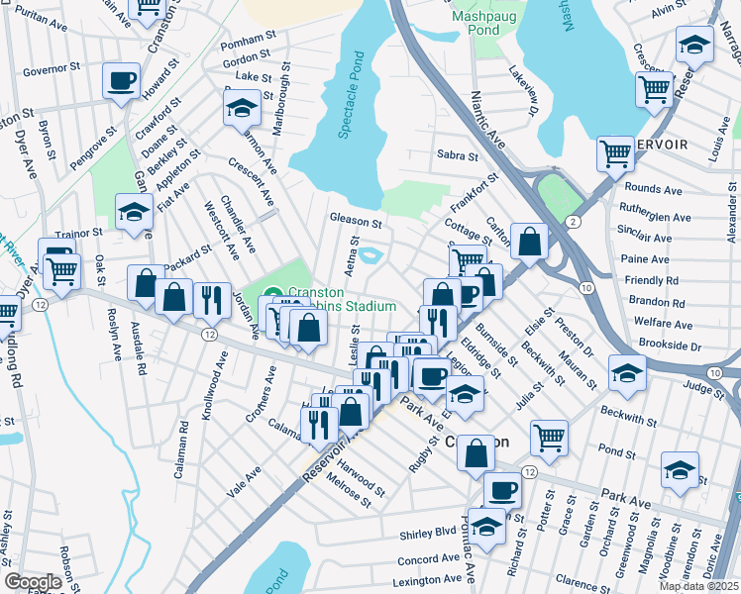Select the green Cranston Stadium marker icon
(273, 293)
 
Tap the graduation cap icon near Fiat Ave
(134, 213)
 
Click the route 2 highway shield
(573, 221)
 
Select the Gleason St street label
(357, 223)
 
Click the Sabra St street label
(457, 155)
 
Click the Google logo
(33, 581)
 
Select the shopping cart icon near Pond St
(548, 437)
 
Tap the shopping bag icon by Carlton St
(530, 242)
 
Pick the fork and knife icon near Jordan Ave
(212, 300)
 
